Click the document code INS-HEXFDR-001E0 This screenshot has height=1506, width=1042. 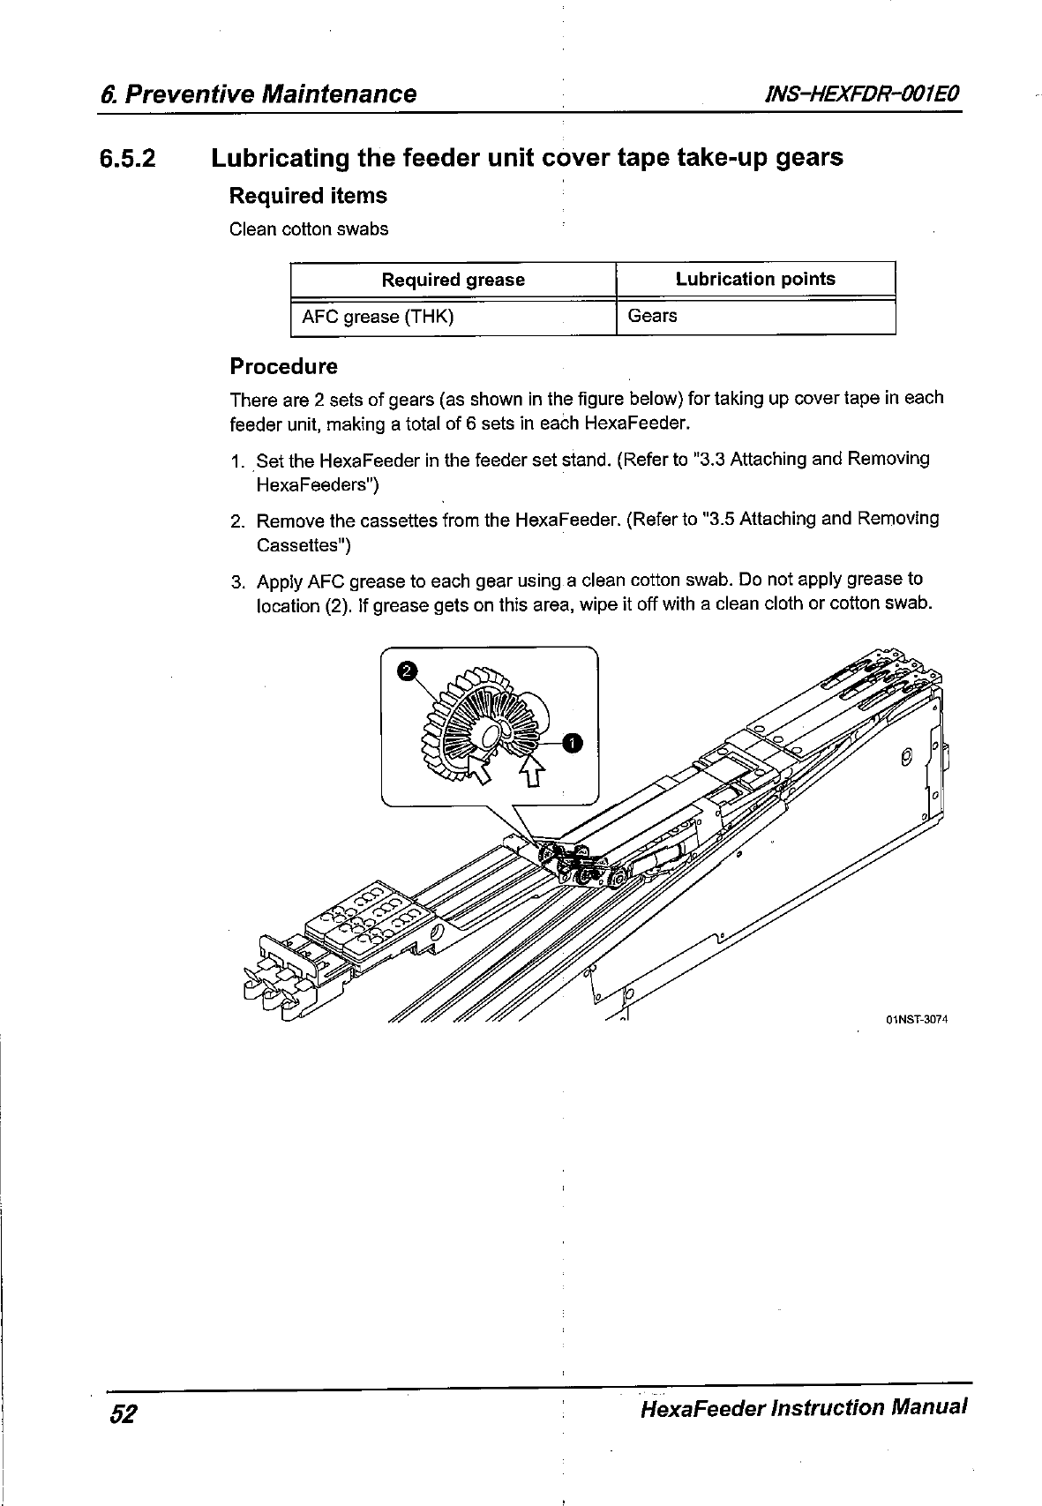coord(852,94)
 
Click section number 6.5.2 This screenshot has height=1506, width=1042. coord(127,160)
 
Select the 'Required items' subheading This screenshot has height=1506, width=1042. coord(308,196)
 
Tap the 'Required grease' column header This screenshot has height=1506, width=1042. coord(453,280)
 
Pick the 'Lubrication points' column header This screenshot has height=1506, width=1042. coord(755,279)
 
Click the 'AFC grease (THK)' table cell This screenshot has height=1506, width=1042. coord(378,317)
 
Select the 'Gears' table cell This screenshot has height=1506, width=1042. coord(652,316)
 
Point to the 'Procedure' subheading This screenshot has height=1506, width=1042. coord(283,366)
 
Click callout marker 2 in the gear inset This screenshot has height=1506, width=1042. coord(405,671)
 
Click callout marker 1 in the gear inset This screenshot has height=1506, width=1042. coord(572,743)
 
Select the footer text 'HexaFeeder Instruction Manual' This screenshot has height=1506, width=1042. coord(805,1406)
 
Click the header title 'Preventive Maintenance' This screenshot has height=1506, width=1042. coord(272,94)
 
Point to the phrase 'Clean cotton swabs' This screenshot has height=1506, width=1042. coord(309,229)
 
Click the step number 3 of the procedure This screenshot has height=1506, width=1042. coord(236,582)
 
